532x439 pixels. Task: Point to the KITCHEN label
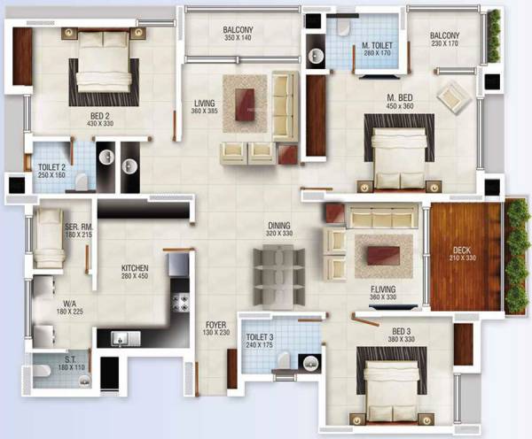[x=135, y=267]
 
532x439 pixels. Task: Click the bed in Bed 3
[x=391, y=389]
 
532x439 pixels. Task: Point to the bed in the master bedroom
[x=398, y=156]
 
